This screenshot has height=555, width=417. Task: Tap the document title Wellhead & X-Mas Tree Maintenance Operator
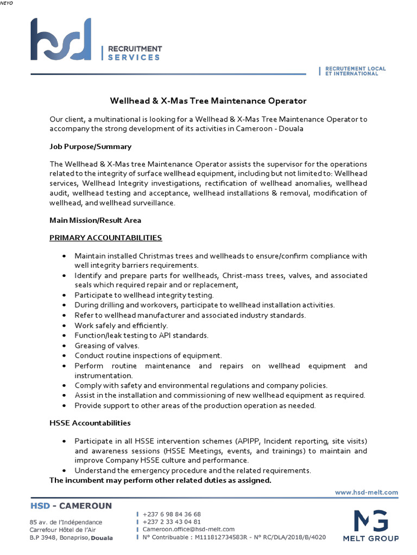click(x=208, y=101)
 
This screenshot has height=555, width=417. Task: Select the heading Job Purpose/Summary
click(x=90, y=146)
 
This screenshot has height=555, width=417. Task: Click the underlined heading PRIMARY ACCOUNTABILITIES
click(x=105, y=237)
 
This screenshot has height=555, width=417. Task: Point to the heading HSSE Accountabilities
click(x=90, y=423)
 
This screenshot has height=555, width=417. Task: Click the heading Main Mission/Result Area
click(x=95, y=220)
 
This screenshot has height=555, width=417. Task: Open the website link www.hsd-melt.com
click(x=367, y=492)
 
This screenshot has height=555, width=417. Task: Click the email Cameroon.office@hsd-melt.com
click(x=188, y=529)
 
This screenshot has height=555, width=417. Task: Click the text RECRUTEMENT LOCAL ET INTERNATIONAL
click(x=355, y=71)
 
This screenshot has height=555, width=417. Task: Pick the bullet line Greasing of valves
click(x=107, y=345)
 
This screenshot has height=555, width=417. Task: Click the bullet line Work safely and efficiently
click(x=121, y=325)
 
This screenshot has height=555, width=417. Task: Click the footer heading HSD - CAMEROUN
click(x=71, y=506)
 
